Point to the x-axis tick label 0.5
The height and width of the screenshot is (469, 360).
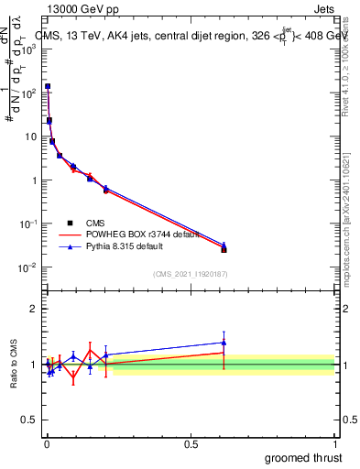pyautogui.click(x=191, y=442)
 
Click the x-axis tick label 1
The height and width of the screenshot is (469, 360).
pyautogui.click(x=335, y=442)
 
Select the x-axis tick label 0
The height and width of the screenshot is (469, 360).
pyautogui.click(x=47, y=442)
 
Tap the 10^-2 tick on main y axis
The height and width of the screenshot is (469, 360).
pyautogui.click(x=27, y=267)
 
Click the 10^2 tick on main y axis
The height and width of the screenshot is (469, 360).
pyautogui.click(x=28, y=93)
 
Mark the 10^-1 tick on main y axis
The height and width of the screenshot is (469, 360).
pyautogui.click(x=27, y=224)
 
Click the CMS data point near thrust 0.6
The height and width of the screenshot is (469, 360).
pyautogui.click(x=224, y=249)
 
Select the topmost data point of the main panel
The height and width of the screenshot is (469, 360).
pyautogui.click(x=48, y=86)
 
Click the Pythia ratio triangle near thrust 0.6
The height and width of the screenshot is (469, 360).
pyautogui.click(x=224, y=343)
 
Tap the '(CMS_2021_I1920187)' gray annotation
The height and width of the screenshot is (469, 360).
pyautogui.click(x=190, y=273)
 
